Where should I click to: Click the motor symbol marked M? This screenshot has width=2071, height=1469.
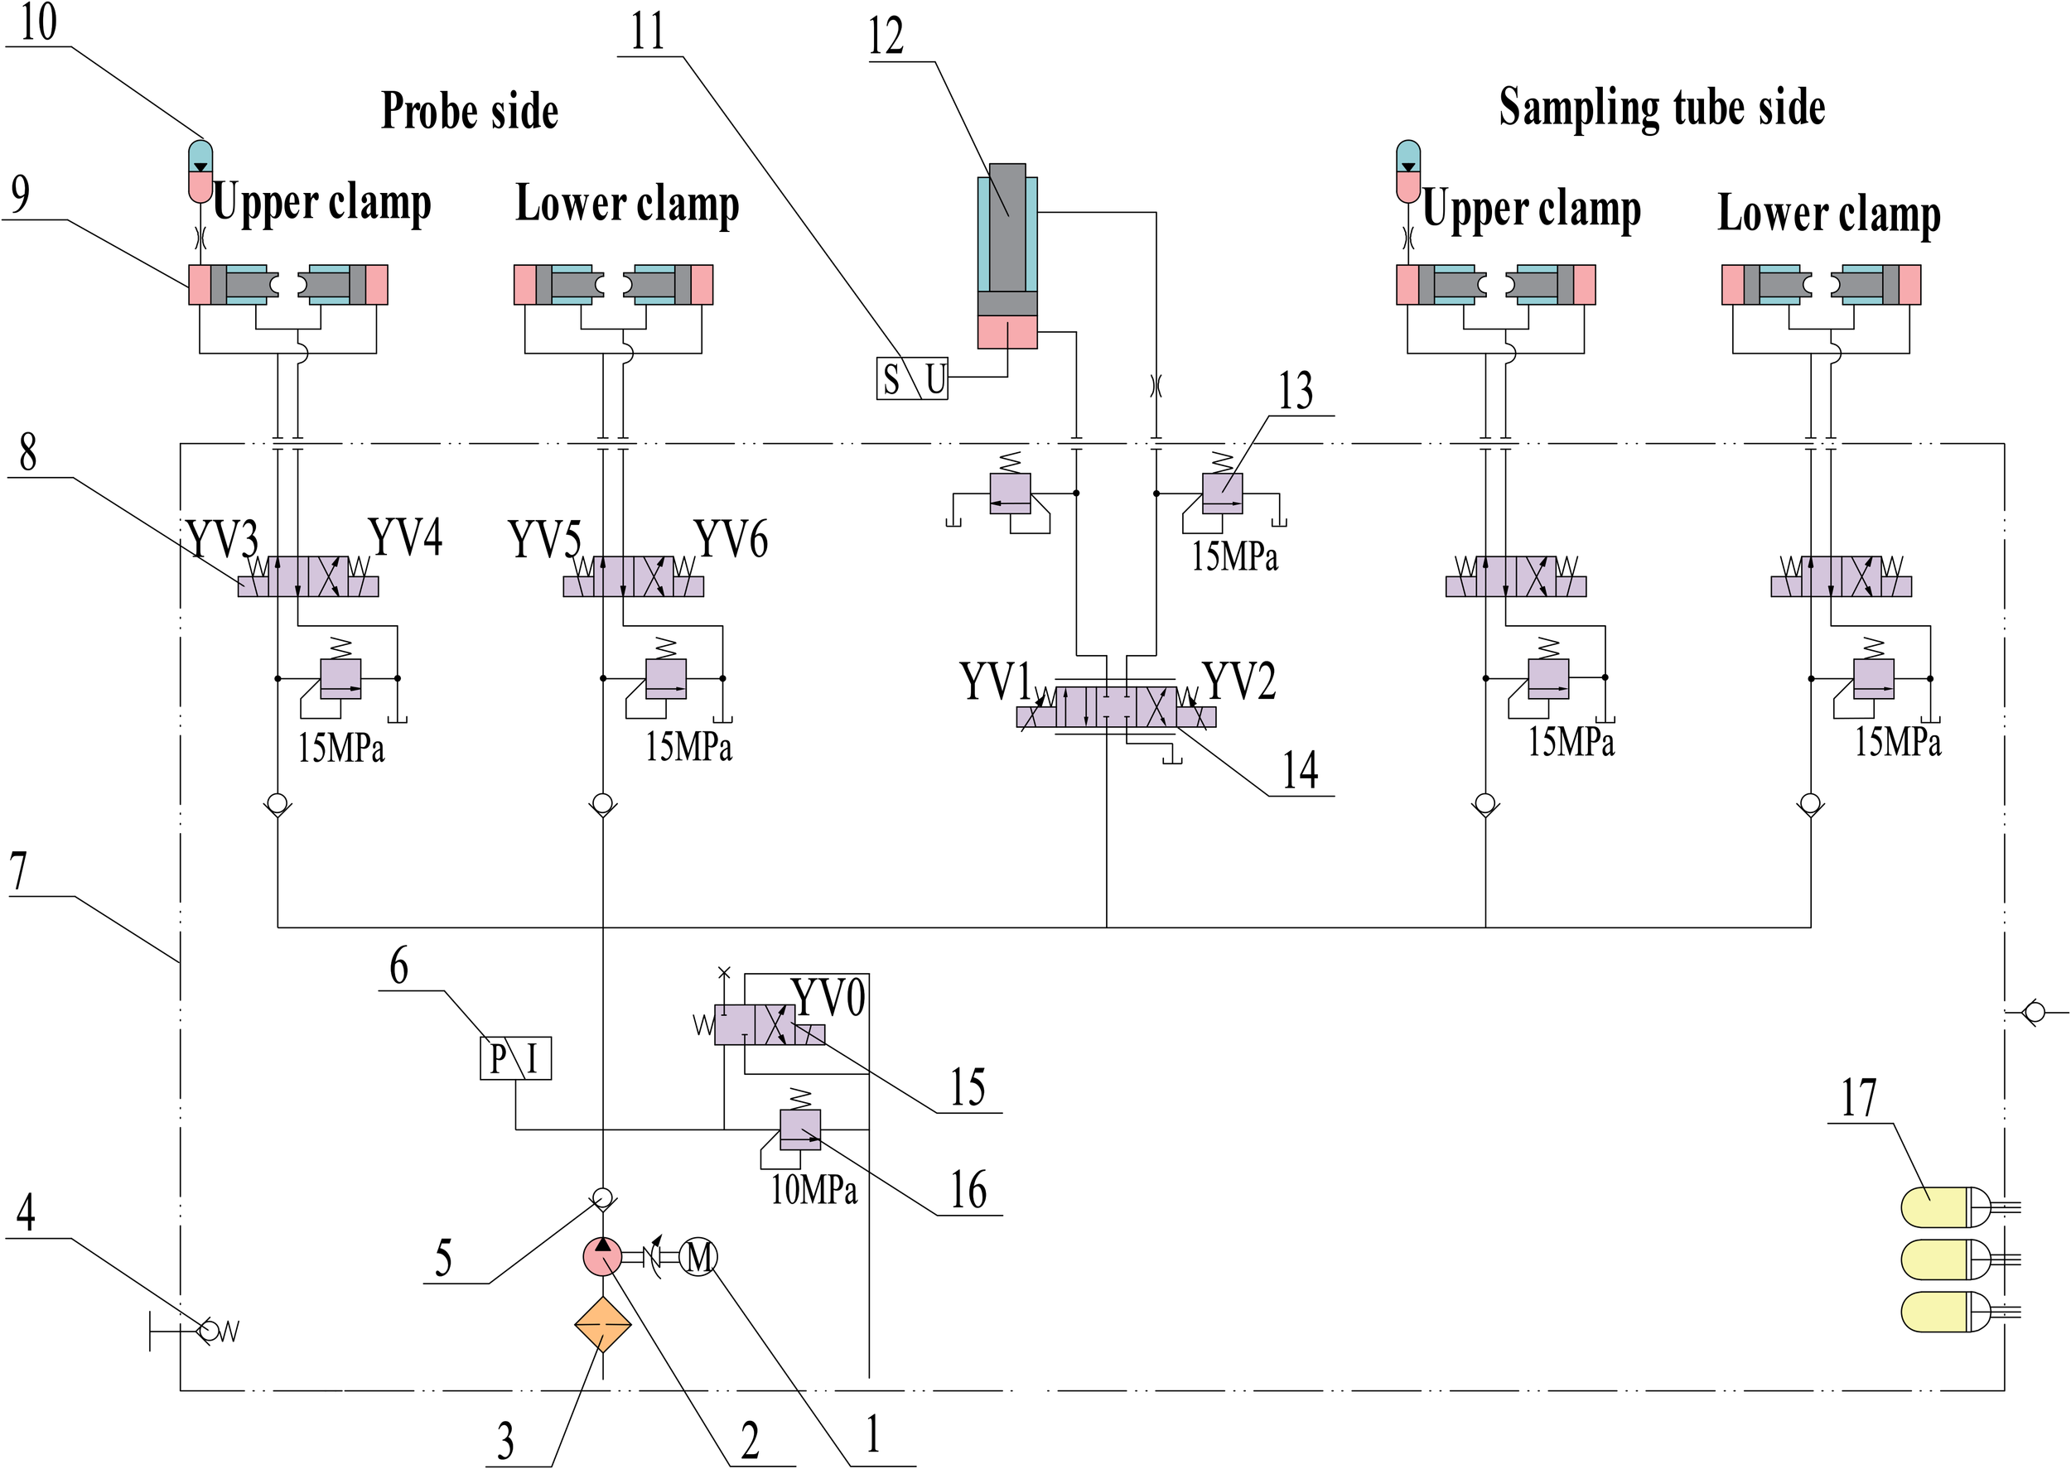(x=698, y=1256)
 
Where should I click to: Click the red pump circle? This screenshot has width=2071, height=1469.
(x=602, y=1256)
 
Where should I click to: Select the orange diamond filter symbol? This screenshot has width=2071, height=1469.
(x=602, y=1325)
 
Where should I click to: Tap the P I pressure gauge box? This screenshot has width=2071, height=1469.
(x=514, y=1057)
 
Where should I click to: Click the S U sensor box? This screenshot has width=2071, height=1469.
(x=912, y=378)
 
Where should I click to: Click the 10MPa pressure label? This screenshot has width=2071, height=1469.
(x=813, y=1188)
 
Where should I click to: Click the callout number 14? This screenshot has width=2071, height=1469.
(x=1299, y=771)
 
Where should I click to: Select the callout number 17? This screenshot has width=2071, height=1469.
(x=1858, y=1098)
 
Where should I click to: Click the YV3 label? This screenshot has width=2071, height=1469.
(x=223, y=540)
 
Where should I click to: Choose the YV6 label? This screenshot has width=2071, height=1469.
(x=731, y=540)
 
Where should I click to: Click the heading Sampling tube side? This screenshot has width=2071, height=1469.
(x=1661, y=108)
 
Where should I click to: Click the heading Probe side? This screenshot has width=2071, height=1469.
(x=470, y=111)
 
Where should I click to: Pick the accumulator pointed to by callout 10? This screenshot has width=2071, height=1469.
(x=200, y=172)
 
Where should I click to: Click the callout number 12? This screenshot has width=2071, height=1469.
(x=886, y=37)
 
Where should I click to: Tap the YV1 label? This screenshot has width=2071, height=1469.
(x=994, y=682)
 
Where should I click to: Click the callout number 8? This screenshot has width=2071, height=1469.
(x=28, y=452)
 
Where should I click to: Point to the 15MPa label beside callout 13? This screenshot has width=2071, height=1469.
(x=1234, y=556)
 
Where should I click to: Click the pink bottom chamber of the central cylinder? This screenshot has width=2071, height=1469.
(x=1007, y=332)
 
